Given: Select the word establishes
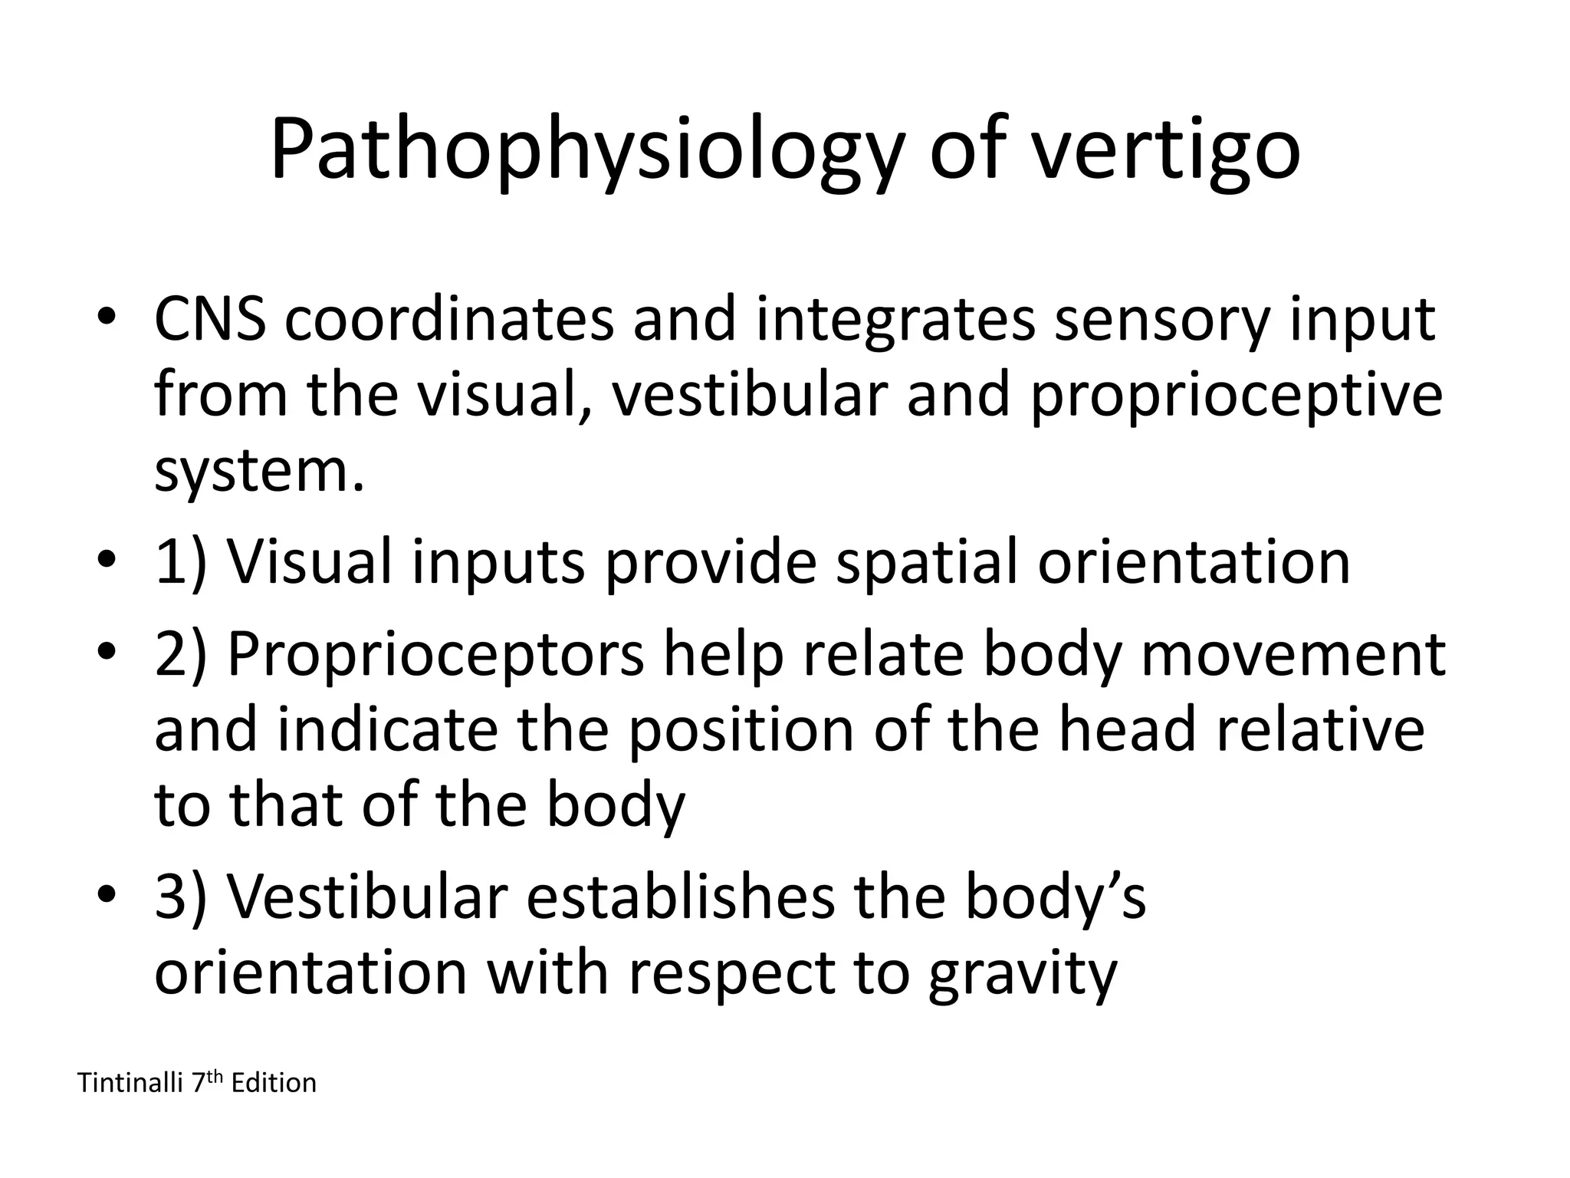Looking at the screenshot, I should coord(679,897).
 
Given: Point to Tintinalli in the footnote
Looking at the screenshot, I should coord(130,1083).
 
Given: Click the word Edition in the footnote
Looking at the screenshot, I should coord(274,1083).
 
